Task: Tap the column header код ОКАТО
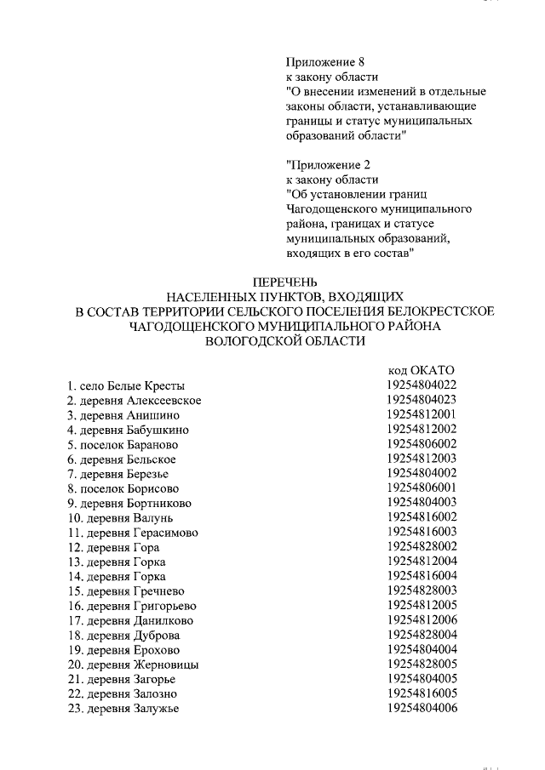(421, 370)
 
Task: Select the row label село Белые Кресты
(126, 386)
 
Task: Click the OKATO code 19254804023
(421, 399)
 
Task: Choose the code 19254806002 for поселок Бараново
(421, 443)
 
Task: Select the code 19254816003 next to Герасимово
(421, 531)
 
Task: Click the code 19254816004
(421, 576)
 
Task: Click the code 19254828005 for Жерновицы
(421, 664)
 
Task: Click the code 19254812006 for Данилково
(421, 619)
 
